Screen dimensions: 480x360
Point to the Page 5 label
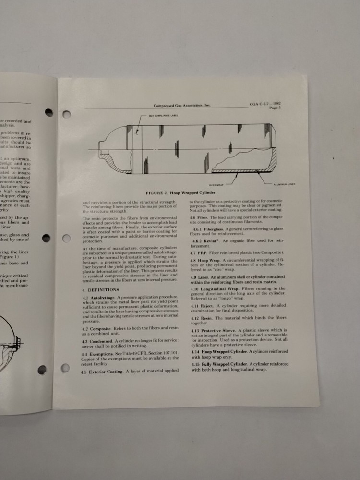point(274,108)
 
